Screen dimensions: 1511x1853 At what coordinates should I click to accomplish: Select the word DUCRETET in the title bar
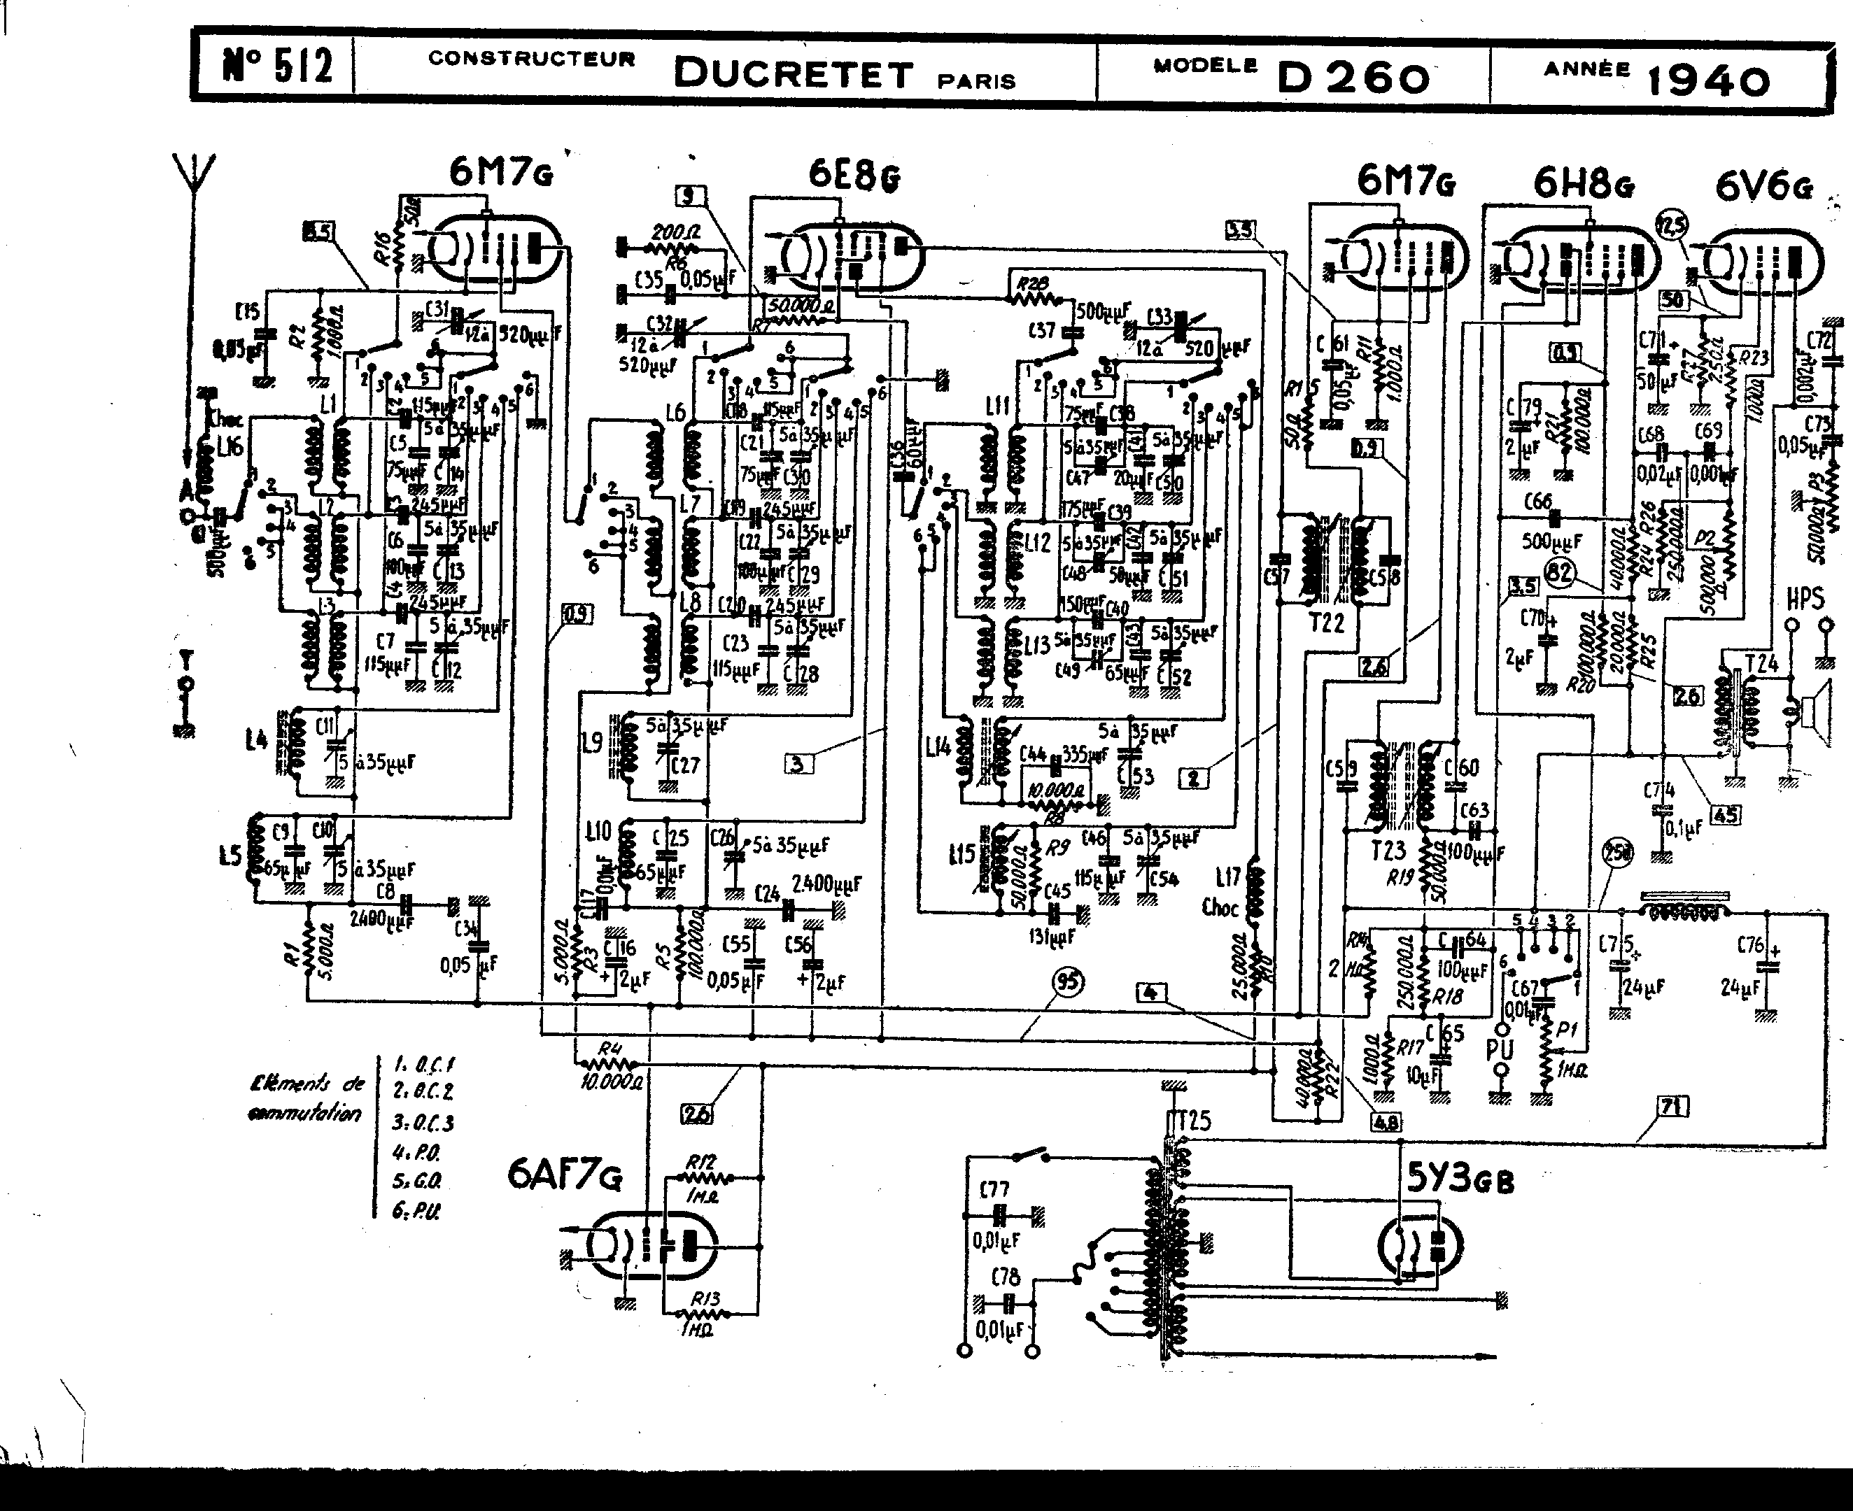click(794, 74)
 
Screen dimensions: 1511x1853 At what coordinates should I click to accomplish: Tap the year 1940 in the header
click(1707, 81)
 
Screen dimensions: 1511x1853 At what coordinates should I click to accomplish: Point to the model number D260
click(1352, 78)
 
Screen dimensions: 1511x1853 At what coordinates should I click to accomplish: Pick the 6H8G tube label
click(1583, 183)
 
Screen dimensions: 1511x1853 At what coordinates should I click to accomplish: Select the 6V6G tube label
click(1764, 186)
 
